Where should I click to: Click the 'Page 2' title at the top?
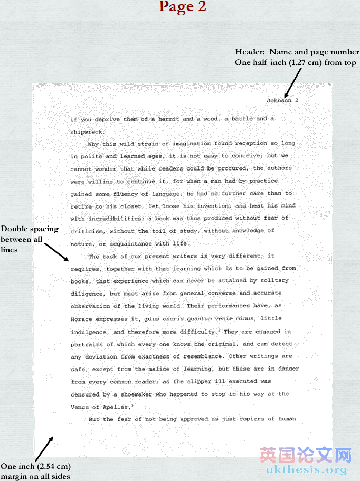click(x=182, y=7)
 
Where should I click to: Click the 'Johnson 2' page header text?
click(x=282, y=100)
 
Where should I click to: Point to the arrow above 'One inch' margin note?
click(x=44, y=447)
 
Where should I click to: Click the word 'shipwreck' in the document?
click(x=87, y=132)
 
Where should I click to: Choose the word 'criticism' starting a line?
click(x=88, y=231)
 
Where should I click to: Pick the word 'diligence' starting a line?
click(x=88, y=294)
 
